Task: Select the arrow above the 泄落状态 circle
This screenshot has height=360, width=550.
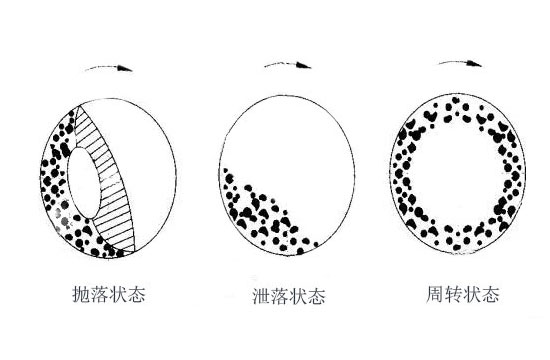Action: (x=285, y=67)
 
